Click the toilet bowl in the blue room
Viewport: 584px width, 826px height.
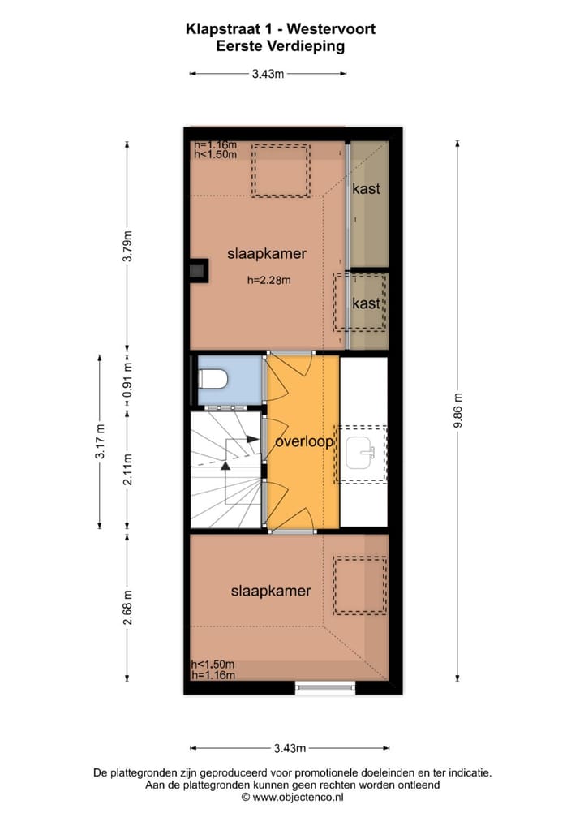click(x=214, y=380)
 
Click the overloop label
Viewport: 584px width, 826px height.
click(x=303, y=442)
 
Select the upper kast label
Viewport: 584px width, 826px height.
click(x=366, y=188)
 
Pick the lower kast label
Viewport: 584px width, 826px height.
click(x=366, y=303)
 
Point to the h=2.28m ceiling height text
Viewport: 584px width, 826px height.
click(x=268, y=281)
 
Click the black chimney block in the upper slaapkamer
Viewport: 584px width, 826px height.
click(x=197, y=270)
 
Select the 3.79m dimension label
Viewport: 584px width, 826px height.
click(x=127, y=247)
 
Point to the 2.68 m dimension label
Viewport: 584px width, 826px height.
click(x=127, y=605)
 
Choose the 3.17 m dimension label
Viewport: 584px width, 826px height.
click(x=100, y=441)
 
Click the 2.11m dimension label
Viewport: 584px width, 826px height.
click(x=127, y=469)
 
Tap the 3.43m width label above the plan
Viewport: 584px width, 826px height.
click(x=268, y=74)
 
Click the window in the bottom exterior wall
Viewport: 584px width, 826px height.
click(x=324, y=688)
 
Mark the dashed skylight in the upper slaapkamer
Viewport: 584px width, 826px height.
click(x=281, y=170)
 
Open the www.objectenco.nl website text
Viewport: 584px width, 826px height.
click(x=298, y=798)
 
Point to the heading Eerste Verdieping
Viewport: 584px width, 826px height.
click(x=281, y=46)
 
